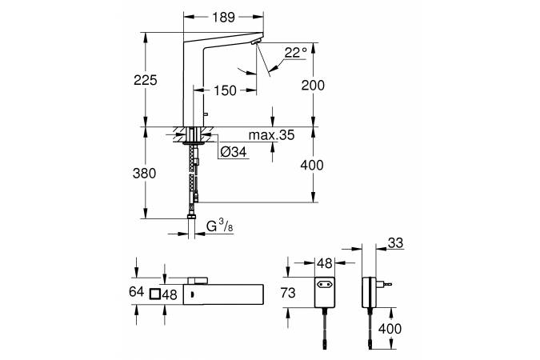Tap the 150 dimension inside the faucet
[226, 91]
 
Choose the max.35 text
[270, 136]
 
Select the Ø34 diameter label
[232, 151]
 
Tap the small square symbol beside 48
[155, 294]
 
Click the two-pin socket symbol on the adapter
[326, 282]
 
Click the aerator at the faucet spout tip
[256, 42]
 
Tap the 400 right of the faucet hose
[314, 166]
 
